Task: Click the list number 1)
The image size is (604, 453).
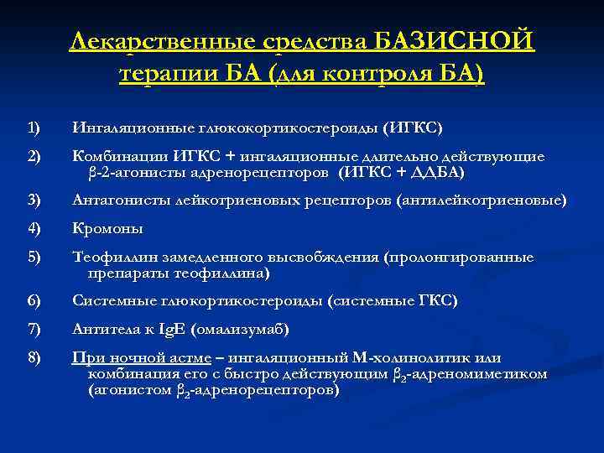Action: coord(34,128)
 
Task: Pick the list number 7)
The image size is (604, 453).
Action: coord(34,328)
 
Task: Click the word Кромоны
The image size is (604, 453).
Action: coord(107,228)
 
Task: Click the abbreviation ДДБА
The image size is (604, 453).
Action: coord(435,172)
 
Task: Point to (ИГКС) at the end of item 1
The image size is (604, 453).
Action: coord(412,128)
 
